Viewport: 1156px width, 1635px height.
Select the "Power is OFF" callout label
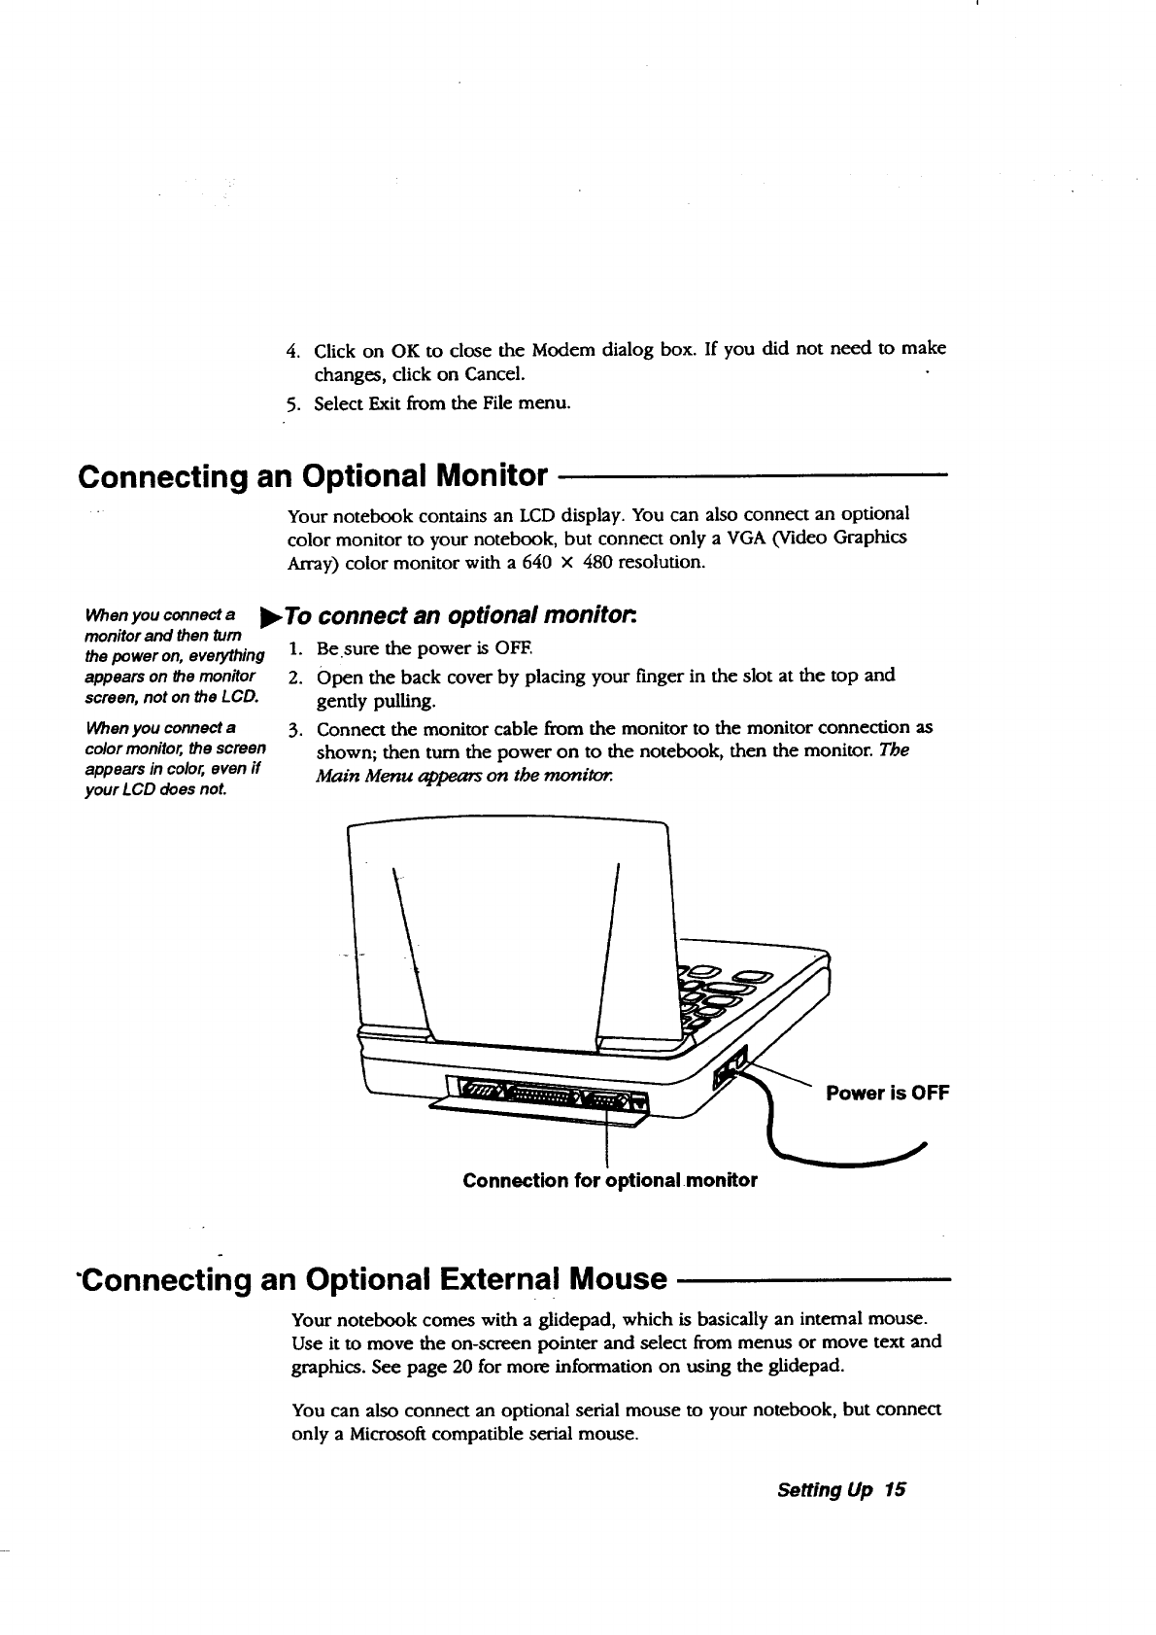pyautogui.click(x=886, y=1093)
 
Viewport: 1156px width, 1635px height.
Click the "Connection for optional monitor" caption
pyautogui.click(x=610, y=1180)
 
